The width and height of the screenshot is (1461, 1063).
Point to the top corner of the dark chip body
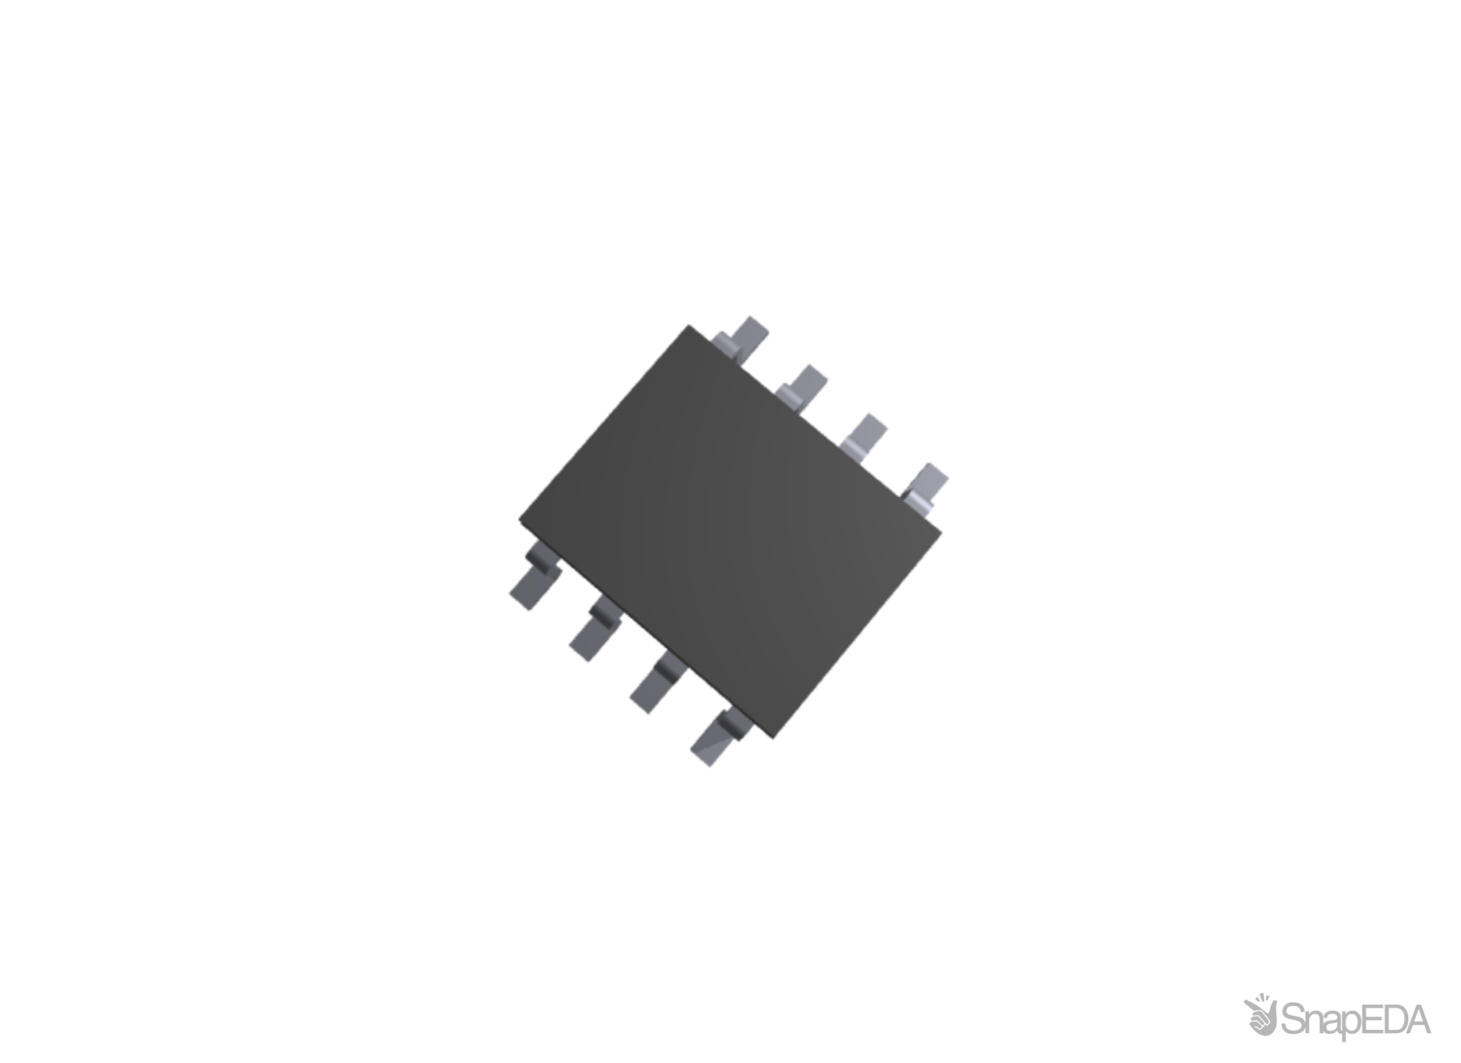[x=690, y=326]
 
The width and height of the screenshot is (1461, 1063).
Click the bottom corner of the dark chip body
[x=773, y=737]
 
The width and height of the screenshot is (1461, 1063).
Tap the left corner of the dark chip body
[x=520, y=519]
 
